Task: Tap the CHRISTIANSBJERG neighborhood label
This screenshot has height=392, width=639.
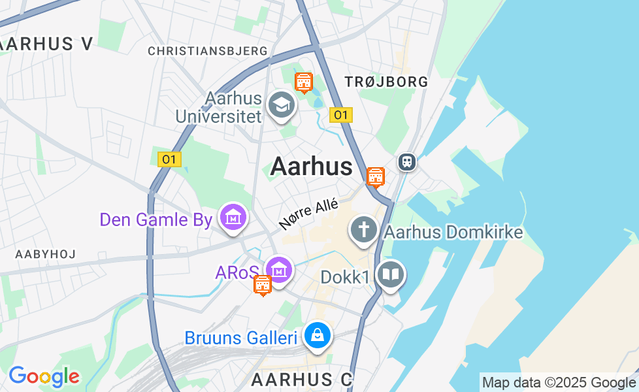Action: click(208, 51)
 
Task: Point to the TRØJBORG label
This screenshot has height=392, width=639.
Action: click(386, 82)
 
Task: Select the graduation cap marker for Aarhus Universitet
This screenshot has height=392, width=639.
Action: click(282, 105)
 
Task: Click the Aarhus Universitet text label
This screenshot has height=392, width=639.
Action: click(220, 108)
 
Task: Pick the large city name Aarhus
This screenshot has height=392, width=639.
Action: click(312, 167)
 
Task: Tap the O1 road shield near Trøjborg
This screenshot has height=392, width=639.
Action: click(340, 115)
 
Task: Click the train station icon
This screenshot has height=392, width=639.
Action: click(406, 161)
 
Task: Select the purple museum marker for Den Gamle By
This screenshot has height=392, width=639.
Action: click(232, 216)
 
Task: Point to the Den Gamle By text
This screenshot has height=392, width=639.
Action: click(156, 220)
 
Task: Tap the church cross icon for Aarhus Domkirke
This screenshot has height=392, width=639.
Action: click(363, 230)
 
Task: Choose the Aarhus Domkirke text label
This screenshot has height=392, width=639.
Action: click(453, 232)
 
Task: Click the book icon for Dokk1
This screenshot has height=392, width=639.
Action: click(391, 274)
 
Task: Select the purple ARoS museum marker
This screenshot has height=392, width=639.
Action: click(279, 269)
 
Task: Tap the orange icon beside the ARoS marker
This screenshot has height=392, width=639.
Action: click(263, 285)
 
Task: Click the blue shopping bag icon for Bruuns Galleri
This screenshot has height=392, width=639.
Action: click(318, 336)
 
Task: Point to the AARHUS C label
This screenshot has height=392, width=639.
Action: click(302, 379)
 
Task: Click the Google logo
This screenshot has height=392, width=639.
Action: click(44, 376)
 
